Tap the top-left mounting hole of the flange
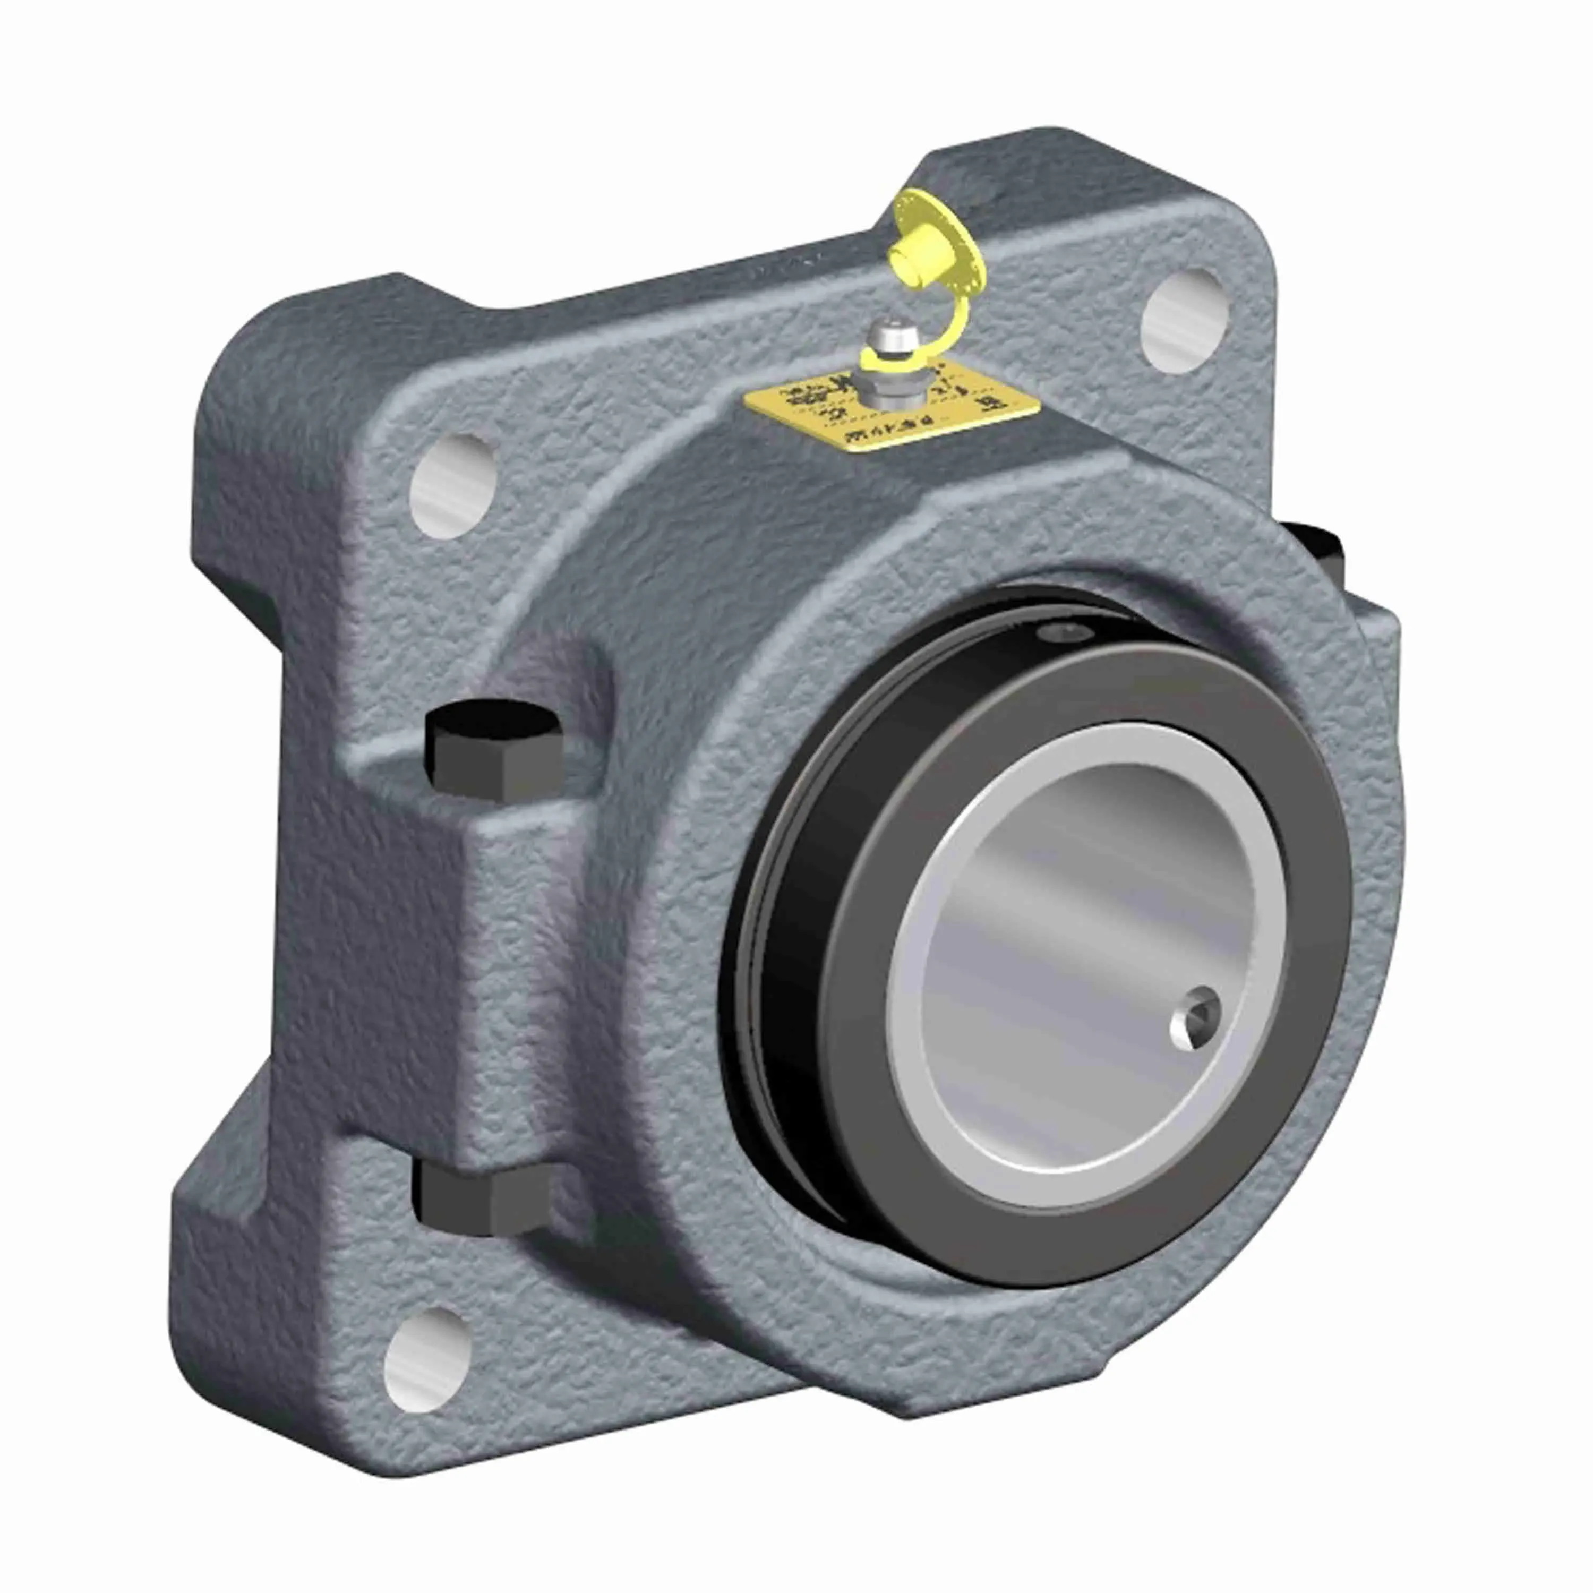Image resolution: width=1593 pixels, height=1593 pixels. (452, 486)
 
